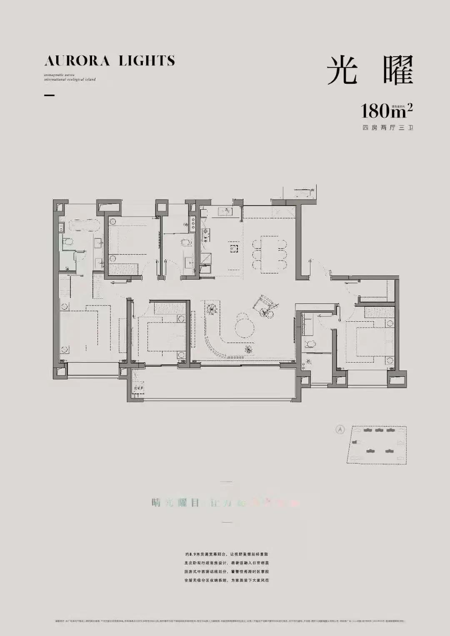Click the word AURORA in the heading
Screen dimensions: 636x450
point(77,61)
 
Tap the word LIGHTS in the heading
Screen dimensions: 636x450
point(147,61)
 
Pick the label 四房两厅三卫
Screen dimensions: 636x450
point(387,128)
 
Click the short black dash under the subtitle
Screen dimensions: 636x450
point(49,95)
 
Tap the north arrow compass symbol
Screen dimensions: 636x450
point(340,429)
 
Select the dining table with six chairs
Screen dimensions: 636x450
point(270,254)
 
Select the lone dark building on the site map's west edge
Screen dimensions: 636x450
point(355,442)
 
